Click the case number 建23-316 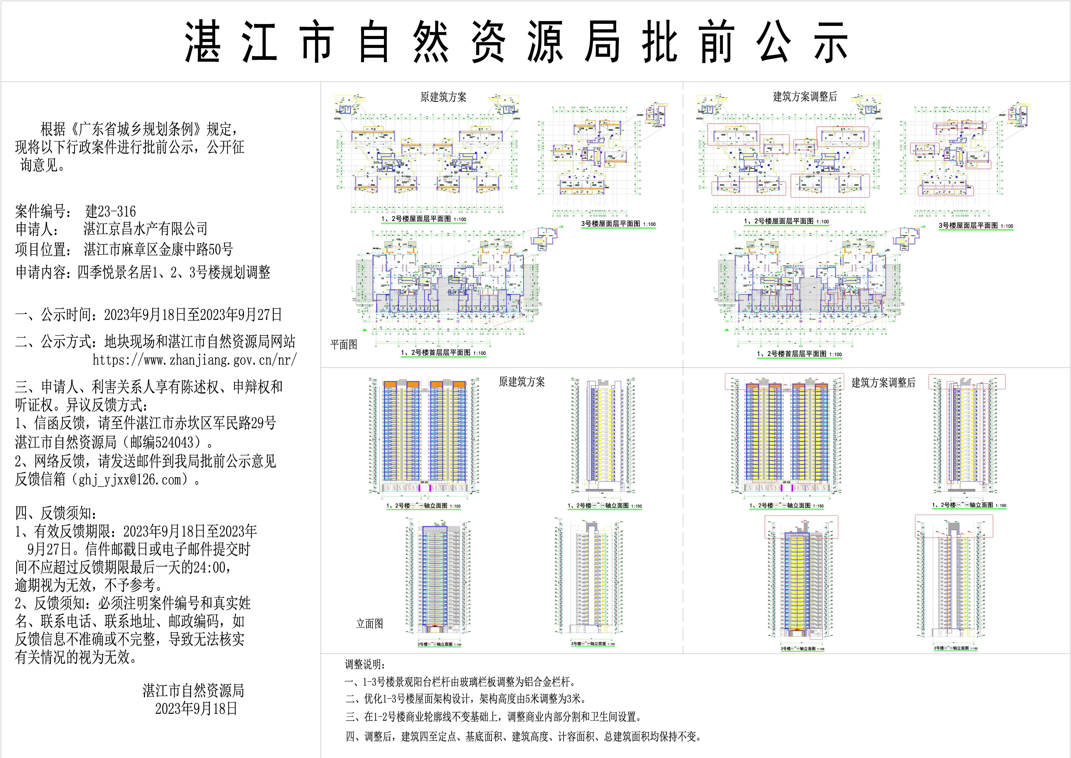coord(111,212)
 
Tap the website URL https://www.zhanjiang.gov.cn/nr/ coord(194,360)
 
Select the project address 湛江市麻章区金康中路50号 coord(158,250)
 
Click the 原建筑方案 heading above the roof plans coord(443,97)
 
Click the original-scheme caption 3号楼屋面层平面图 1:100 coord(618,224)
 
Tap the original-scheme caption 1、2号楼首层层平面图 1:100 coord(443,353)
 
